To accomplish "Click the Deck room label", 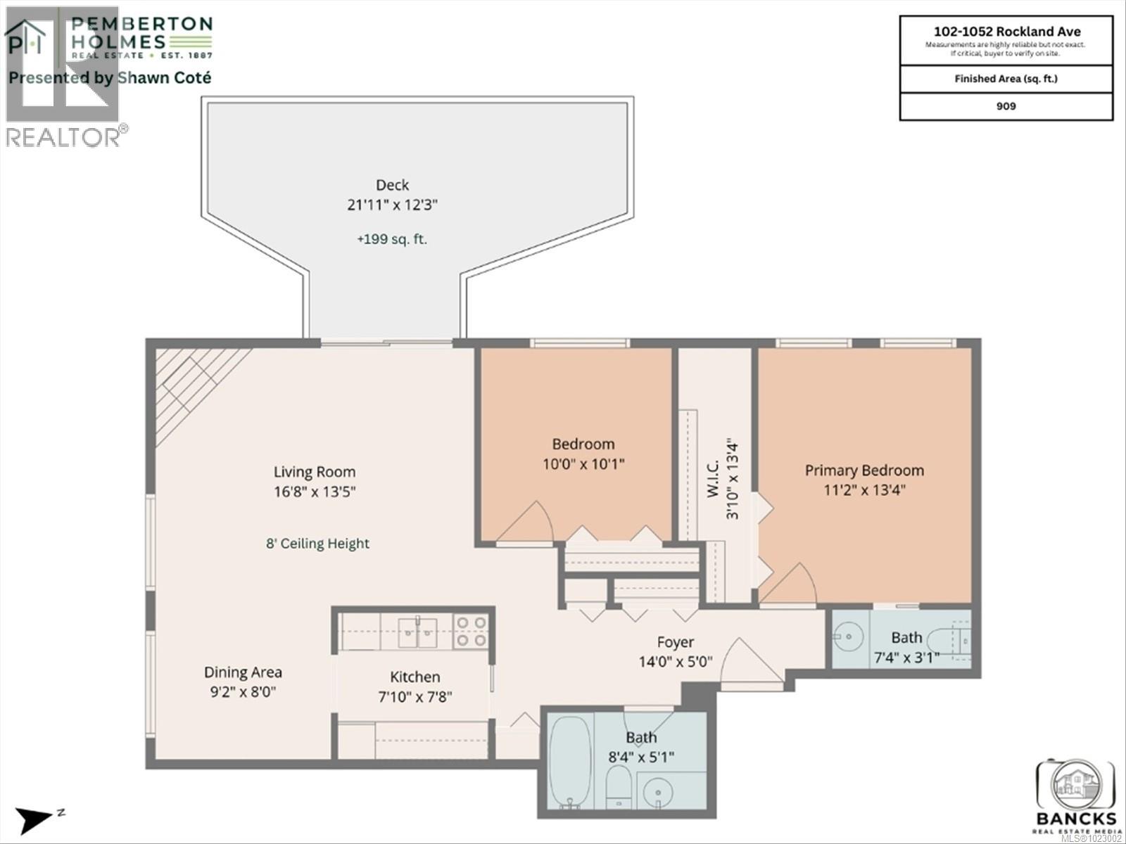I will (x=392, y=185).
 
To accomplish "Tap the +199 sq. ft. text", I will (x=392, y=239).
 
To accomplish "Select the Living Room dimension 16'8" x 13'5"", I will (x=315, y=492).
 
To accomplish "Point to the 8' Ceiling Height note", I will (x=317, y=544).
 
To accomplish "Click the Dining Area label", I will (x=243, y=672).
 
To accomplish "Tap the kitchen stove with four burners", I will (x=471, y=631).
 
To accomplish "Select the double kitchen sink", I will (x=417, y=631).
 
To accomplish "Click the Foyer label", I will (x=676, y=642).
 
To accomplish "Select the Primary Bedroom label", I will (x=864, y=471).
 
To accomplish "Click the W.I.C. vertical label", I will (x=713, y=479).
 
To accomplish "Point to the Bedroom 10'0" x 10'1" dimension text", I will (x=583, y=464).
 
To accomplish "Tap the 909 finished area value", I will (x=1006, y=106).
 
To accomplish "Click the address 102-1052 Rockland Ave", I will (x=1006, y=32).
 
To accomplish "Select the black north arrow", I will (x=34, y=818).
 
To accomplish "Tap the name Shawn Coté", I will (x=164, y=78).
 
